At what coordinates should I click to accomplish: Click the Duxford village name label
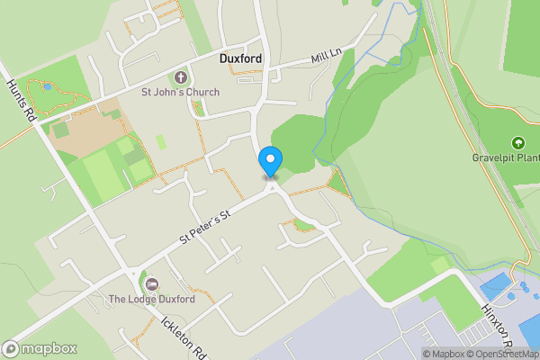pos(240,58)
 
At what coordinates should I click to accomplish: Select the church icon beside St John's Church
pos(179,77)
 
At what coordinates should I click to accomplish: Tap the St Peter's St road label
pos(205,226)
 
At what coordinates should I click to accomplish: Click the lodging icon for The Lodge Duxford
pos(150,284)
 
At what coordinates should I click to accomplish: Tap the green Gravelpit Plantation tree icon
pos(517,143)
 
